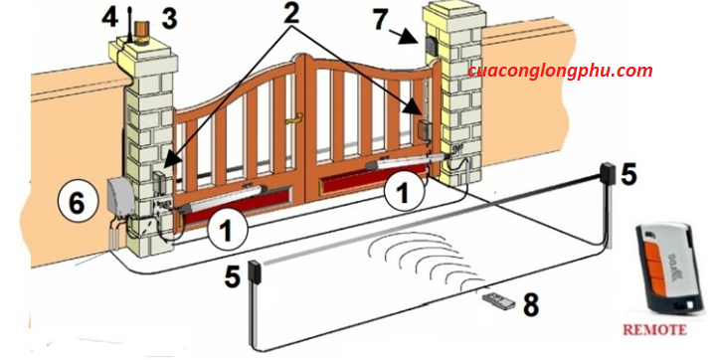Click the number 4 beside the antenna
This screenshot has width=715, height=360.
coord(109,18)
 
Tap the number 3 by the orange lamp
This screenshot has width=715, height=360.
coord(169,19)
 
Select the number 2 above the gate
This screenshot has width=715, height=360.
coord(290,13)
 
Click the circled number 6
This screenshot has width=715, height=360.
coord(77,202)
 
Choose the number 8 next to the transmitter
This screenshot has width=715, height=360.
coord(531,304)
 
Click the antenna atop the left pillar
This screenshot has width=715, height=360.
coord(130,25)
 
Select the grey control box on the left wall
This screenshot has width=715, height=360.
coord(120,196)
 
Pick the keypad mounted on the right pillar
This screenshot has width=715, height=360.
coord(431,45)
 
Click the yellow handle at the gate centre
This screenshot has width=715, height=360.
coord(294,119)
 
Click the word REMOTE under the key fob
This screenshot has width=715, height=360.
coord(654,329)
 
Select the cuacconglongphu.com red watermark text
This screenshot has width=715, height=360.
coord(560,72)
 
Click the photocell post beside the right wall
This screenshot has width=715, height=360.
coord(609,205)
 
